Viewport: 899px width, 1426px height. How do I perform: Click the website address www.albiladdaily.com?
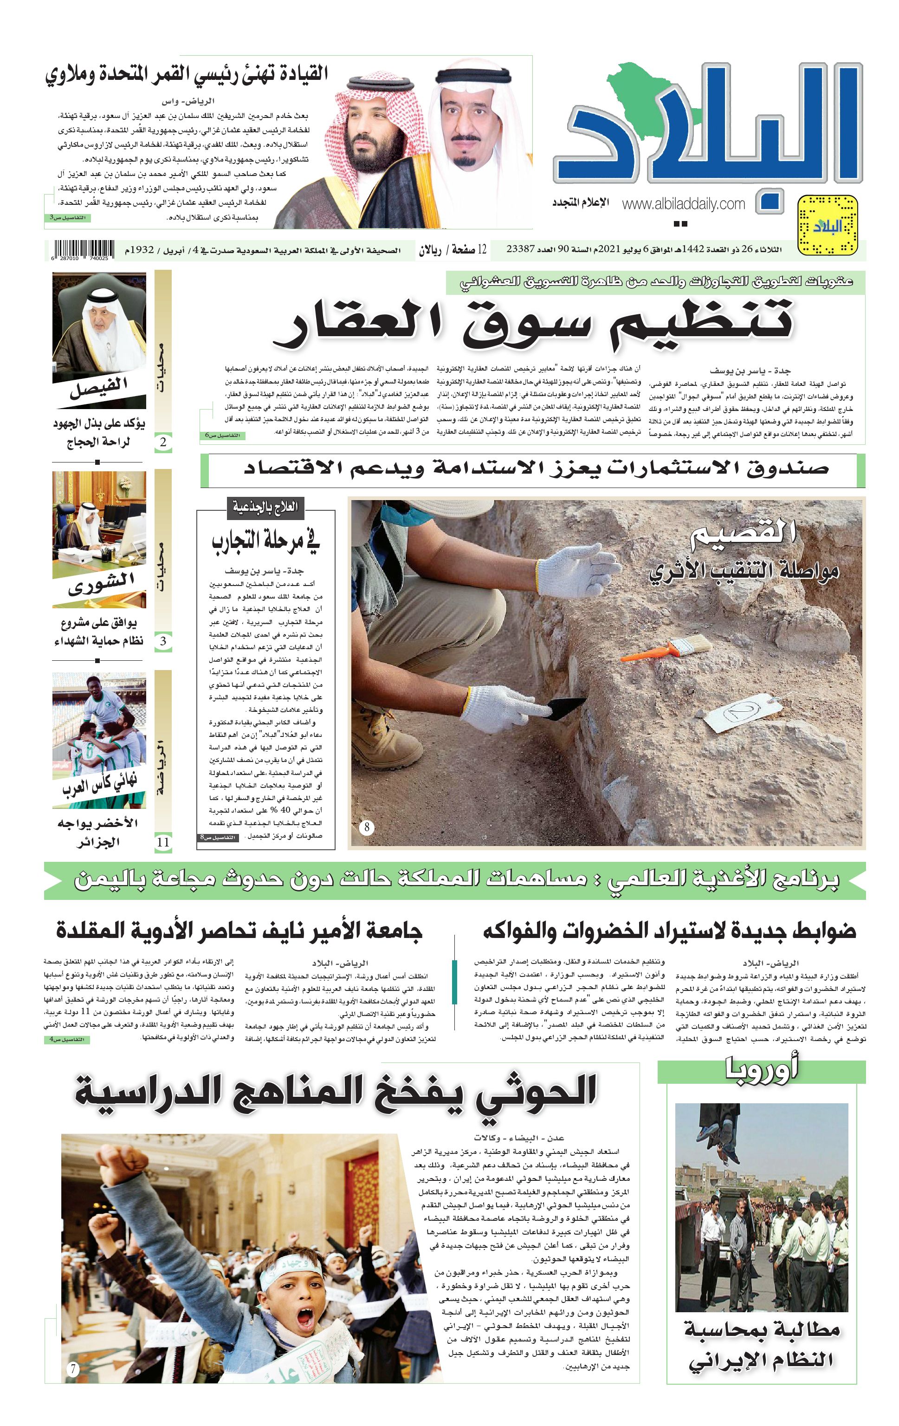point(683,204)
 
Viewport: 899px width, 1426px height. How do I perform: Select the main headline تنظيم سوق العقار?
point(533,323)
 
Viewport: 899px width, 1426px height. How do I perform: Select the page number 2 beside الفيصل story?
point(163,442)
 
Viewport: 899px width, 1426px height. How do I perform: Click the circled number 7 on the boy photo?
point(73,1370)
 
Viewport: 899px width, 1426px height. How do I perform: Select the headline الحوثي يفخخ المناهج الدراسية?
point(336,1091)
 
